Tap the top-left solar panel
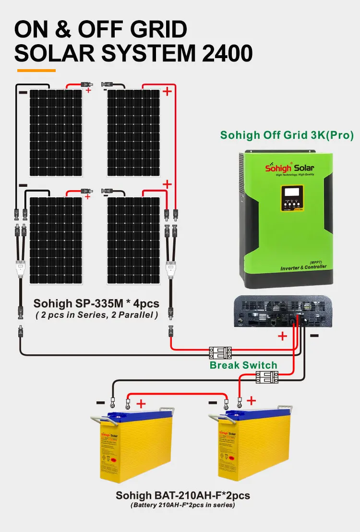(55, 133)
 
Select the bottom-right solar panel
(133, 240)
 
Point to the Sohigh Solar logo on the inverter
(290, 168)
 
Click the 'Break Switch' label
(243, 365)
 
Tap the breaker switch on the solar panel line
(220, 353)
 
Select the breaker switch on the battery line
(267, 378)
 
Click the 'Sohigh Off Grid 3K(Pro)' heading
(287, 135)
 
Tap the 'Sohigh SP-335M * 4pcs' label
(96, 303)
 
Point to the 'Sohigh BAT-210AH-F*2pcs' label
(183, 495)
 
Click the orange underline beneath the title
(36, 71)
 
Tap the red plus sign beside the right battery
(251, 400)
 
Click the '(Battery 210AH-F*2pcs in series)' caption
(182, 505)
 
